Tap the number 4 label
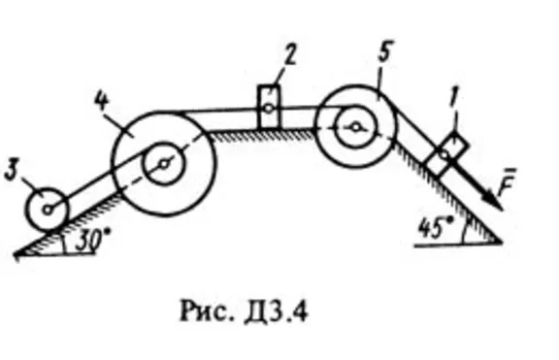point(102,99)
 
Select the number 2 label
point(290,55)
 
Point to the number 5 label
point(385,51)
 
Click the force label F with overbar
point(507,181)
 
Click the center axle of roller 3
point(47,210)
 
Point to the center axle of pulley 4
point(164,164)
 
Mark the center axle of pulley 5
point(355,127)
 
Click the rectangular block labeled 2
point(269,107)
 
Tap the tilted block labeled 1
point(446,154)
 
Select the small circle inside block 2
point(269,108)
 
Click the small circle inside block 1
point(444,154)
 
